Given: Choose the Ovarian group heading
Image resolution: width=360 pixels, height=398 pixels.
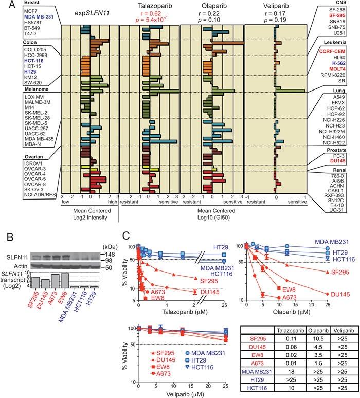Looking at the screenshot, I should (x=12, y=157).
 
